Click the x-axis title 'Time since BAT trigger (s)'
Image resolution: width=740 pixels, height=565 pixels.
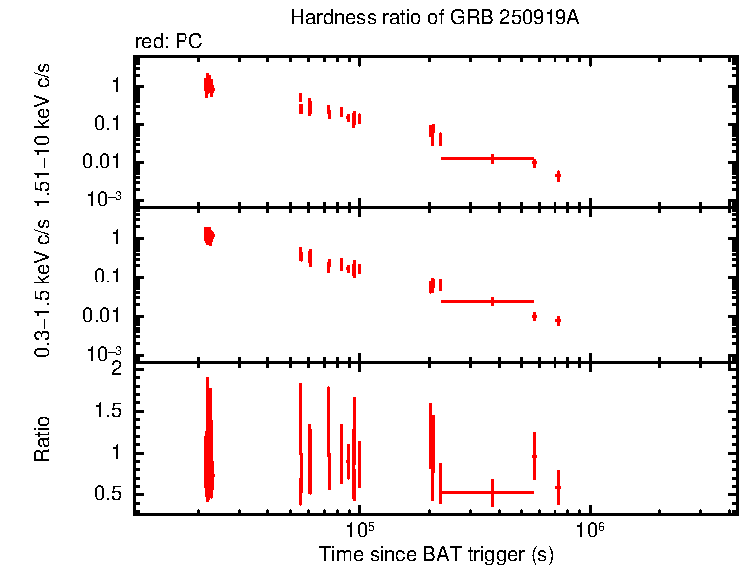coord(435,553)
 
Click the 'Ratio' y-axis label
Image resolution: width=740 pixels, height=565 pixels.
coord(43,439)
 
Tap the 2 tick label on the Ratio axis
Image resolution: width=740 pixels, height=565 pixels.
coord(117,369)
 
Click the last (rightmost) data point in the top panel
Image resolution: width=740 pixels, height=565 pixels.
coord(558,176)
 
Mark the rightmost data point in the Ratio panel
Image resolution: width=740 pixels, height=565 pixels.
coord(558,487)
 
